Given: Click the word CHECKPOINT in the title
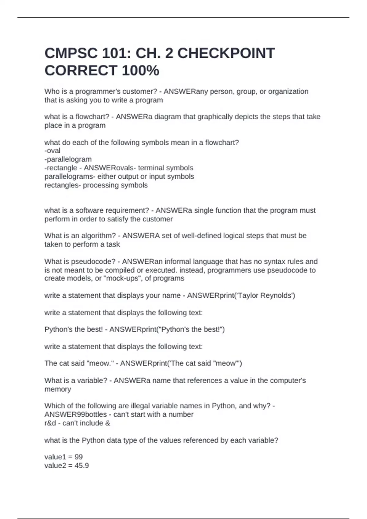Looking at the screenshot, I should (x=226, y=53).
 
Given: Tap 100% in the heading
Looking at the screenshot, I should (x=140, y=71).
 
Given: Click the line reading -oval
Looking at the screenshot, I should (x=52, y=151).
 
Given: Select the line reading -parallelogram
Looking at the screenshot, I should (x=68, y=159).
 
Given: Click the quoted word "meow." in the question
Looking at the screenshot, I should (x=101, y=363).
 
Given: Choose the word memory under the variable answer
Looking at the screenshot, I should (x=58, y=389).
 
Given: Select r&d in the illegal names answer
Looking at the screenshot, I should (x=50, y=423).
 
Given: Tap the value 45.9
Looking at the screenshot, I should (x=82, y=466).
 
